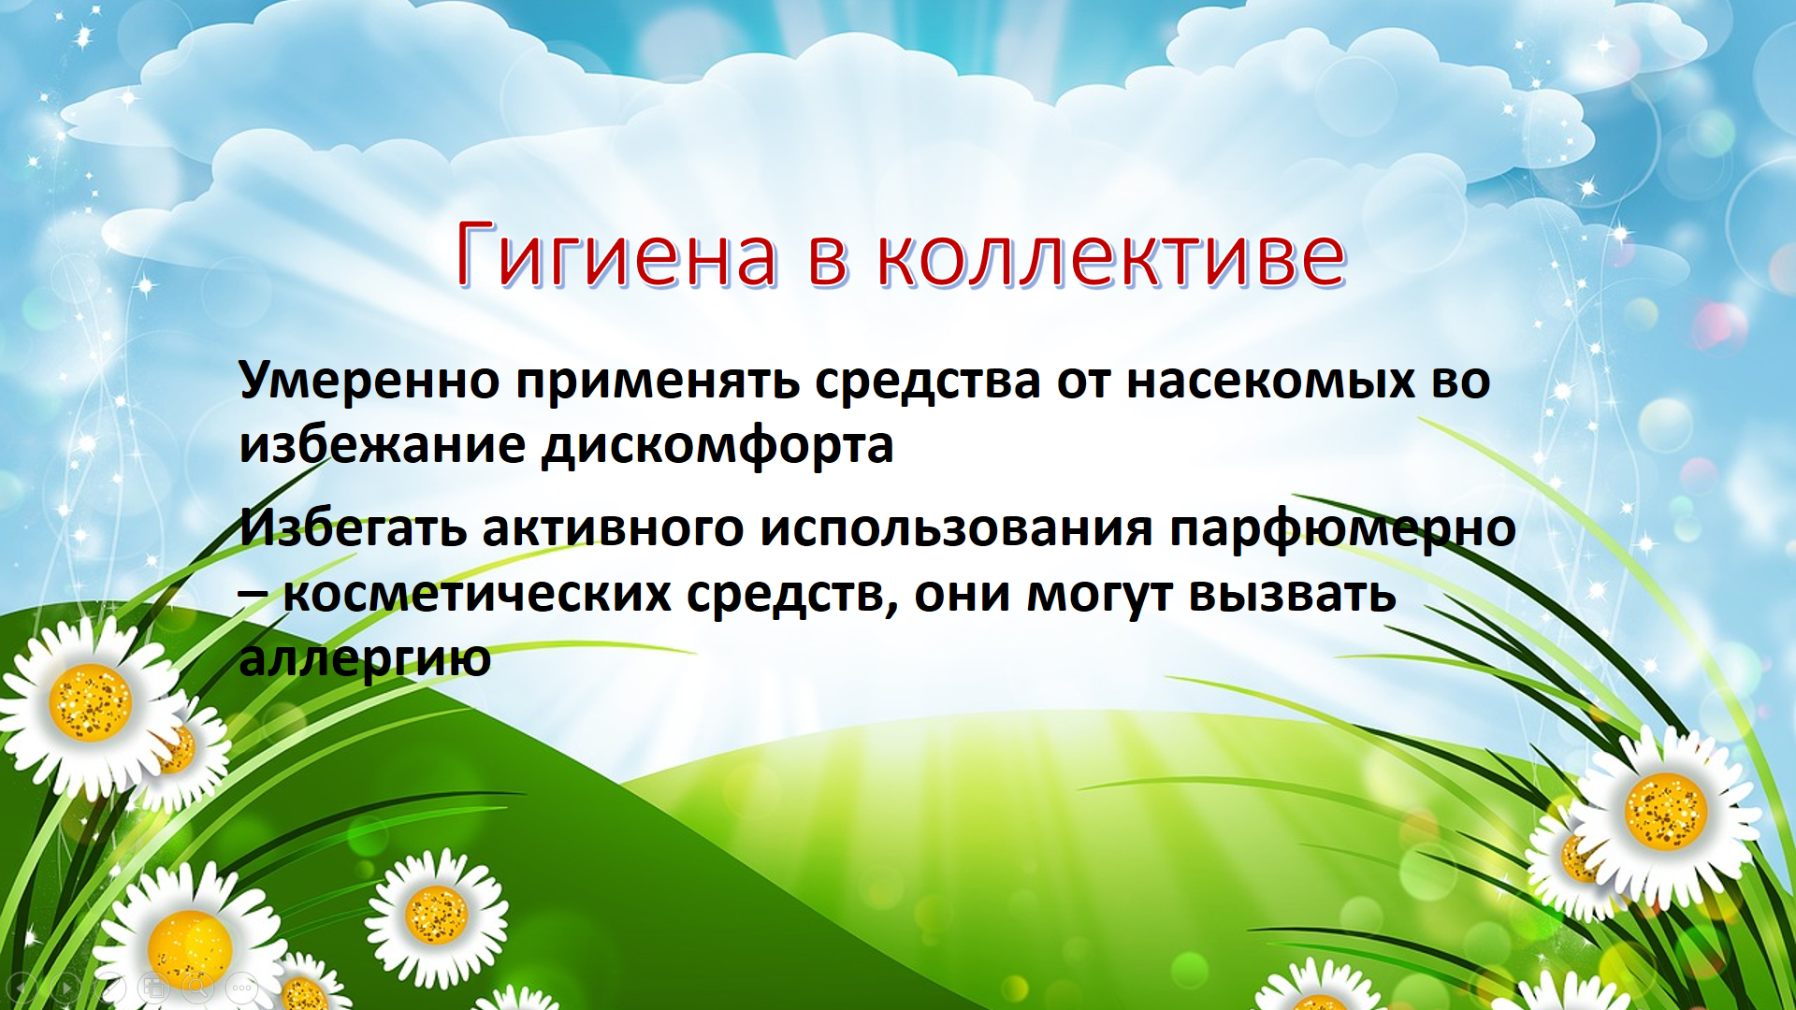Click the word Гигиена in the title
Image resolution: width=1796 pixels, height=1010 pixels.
point(616,254)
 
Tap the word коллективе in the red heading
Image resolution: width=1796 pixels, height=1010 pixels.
point(1111,254)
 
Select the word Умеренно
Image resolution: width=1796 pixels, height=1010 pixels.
point(369,380)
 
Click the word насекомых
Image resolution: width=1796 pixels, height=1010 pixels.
point(1270,381)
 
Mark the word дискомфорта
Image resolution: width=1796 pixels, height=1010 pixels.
point(717,446)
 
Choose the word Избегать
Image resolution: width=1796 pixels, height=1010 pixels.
point(353,527)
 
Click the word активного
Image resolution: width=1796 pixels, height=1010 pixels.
point(613,528)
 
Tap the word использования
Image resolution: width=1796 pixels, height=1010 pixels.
point(956,528)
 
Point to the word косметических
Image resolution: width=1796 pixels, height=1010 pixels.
point(477,595)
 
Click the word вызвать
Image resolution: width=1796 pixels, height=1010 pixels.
point(1292,595)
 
